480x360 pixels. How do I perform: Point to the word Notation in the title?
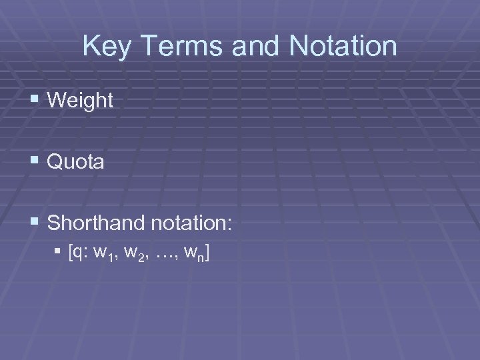[x=335, y=47]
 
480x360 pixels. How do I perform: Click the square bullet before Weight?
[x=35, y=101]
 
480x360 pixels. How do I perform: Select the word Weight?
[x=81, y=101]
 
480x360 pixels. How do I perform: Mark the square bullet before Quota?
[x=35, y=162]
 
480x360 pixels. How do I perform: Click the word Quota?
[x=77, y=162]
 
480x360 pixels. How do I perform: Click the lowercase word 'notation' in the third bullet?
[x=186, y=223]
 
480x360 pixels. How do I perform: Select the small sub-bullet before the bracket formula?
[x=60, y=253]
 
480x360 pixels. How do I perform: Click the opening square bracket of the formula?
[x=71, y=253]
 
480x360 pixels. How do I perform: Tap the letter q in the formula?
[x=79, y=254]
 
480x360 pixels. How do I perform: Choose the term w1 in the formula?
[x=103, y=254]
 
